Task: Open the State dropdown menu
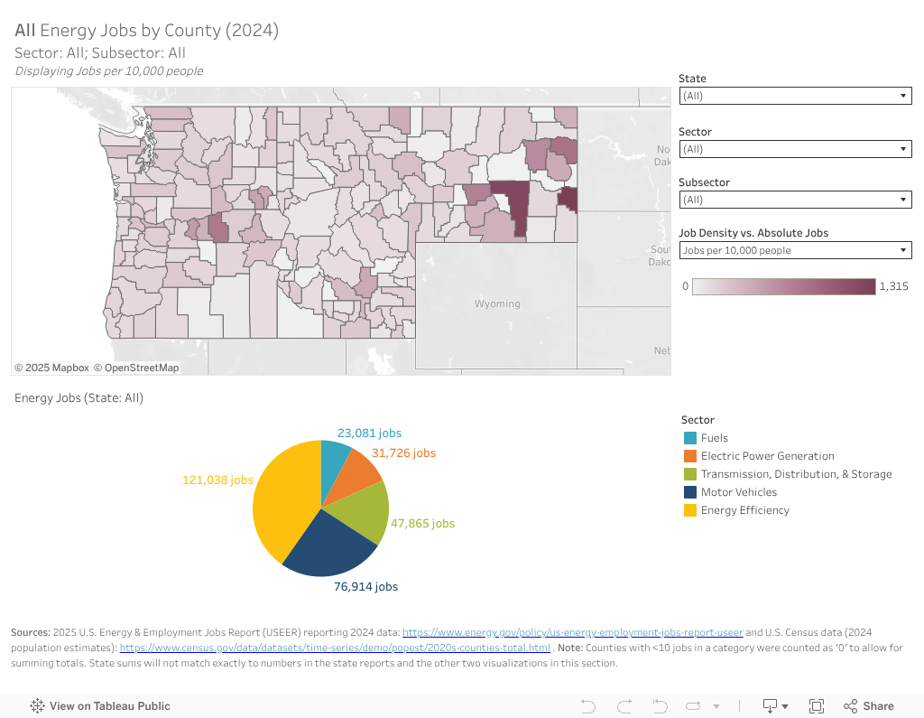point(794,95)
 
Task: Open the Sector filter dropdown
point(794,149)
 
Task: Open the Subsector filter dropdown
point(794,200)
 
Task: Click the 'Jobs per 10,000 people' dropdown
point(794,250)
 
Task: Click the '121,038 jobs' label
point(217,480)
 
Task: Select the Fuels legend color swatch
point(690,438)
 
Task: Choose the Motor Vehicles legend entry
point(738,492)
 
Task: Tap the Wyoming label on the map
point(497,303)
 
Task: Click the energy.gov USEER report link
point(572,633)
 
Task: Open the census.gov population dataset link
point(335,648)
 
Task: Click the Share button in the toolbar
point(868,706)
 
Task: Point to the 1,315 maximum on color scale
point(893,286)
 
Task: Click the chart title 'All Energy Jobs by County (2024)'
point(146,30)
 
